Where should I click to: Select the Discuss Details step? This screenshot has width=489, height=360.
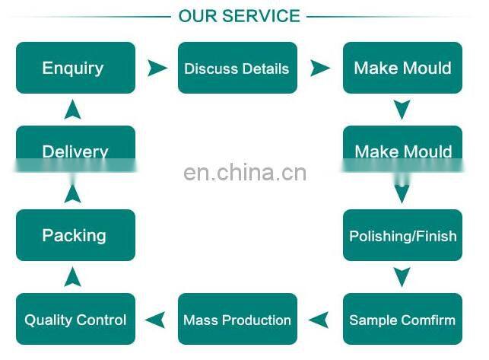[x=237, y=68]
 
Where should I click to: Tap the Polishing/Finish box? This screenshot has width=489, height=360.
[x=402, y=235]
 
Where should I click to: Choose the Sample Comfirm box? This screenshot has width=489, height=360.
[x=402, y=319]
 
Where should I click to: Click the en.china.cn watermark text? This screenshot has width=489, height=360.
[x=245, y=173]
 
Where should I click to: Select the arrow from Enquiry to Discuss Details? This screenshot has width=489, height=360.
[x=157, y=68]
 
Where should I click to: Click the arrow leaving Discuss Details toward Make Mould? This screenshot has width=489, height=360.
[x=320, y=68]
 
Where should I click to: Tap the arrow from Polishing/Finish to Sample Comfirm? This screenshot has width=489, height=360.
[x=402, y=276]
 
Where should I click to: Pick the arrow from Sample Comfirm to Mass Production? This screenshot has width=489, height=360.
[x=320, y=319]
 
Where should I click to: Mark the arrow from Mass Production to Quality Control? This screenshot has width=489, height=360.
[x=157, y=319]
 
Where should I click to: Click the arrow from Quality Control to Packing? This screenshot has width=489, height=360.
[x=73, y=276]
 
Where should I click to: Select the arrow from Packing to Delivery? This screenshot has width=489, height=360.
[x=73, y=193]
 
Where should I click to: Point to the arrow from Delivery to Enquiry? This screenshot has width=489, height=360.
[x=73, y=110]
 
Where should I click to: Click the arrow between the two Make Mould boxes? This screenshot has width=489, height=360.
[x=402, y=110]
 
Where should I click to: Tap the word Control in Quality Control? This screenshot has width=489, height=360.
[x=101, y=320]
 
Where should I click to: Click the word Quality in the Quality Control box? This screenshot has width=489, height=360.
[x=49, y=320]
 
